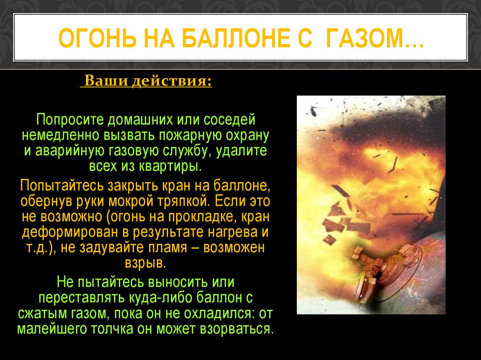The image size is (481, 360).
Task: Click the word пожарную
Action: point(189,136)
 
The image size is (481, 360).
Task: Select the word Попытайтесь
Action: point(62,186)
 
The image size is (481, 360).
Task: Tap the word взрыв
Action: point(145,263)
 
